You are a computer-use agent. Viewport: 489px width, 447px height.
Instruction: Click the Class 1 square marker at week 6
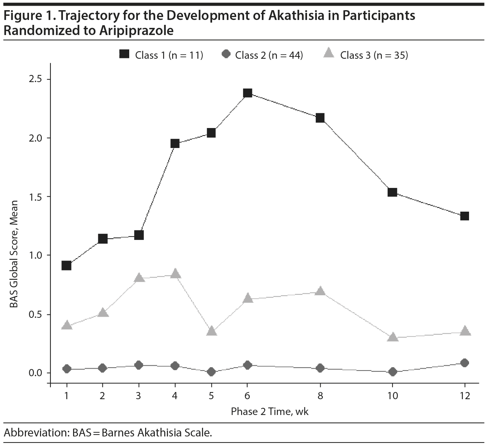click(248, 93)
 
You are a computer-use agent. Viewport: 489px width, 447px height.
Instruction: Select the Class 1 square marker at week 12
click(465, 216)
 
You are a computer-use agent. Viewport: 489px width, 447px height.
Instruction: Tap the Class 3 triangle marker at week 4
click(175, 273)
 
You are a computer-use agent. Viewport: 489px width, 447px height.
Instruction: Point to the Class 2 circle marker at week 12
click(465, 363)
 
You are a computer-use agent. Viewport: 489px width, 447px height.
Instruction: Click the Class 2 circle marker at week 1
click(67, 369)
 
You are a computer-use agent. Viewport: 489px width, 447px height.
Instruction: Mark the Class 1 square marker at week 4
click(175, 143)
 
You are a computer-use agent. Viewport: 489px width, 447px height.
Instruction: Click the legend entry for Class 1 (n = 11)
click(161, 55)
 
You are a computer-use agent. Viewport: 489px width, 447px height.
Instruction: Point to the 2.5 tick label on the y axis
click(36, 79)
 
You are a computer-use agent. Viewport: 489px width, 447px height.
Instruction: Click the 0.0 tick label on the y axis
click(36, 373)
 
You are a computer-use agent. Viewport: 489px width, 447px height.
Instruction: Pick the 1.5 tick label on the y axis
click(36, 197)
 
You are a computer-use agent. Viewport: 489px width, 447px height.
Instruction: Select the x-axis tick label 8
click(320, 396)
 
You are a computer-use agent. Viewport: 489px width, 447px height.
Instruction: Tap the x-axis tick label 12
click(465, 396)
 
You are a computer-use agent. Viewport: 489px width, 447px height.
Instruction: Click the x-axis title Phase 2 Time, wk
click(270, 411)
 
